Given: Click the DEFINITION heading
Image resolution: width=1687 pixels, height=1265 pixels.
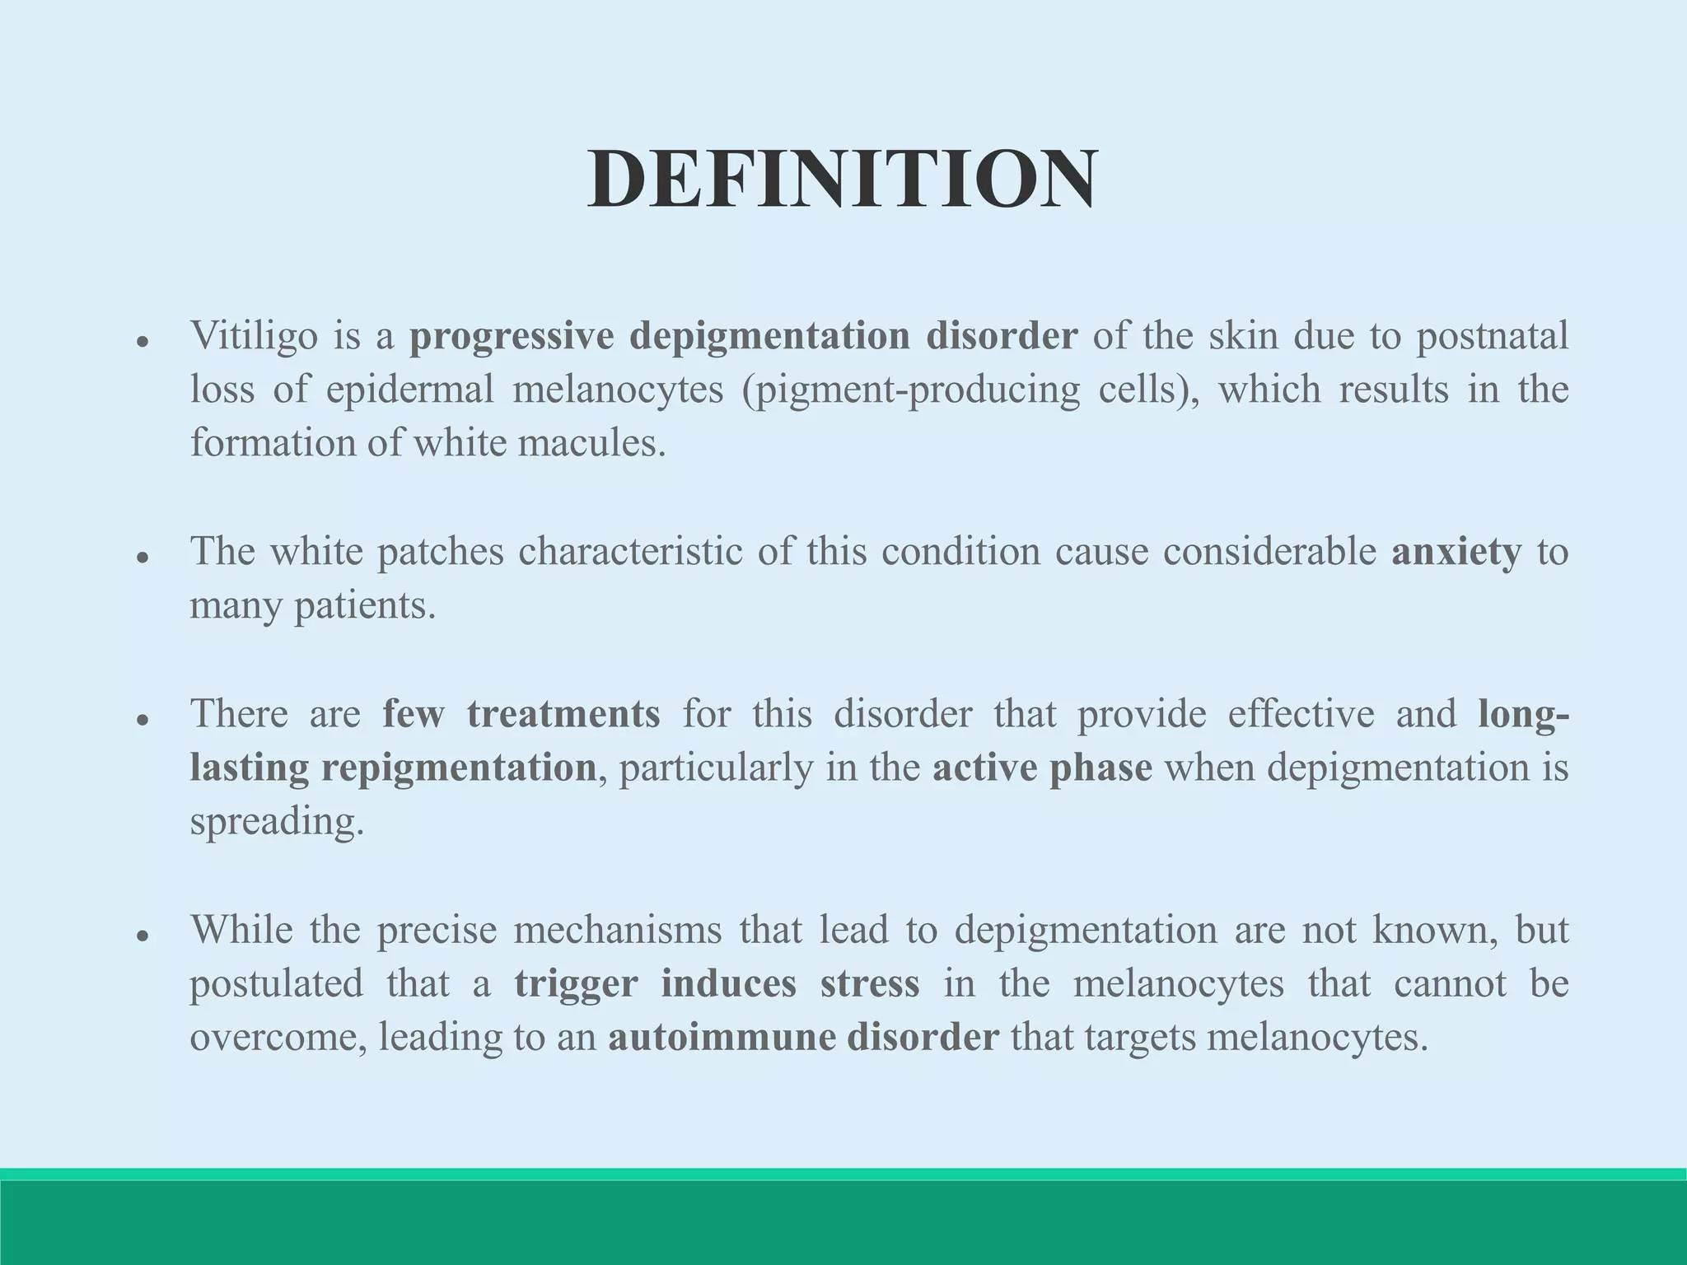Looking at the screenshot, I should tap(842, 180).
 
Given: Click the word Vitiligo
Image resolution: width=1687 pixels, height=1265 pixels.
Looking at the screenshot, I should tap(254, 336).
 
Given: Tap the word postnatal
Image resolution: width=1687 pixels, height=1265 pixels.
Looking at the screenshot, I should tap(1492, 336).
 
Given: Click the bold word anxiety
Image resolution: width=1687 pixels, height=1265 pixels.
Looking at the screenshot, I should tap(1456, 552).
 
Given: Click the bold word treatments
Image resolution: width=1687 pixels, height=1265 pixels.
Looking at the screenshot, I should tap(563, 713).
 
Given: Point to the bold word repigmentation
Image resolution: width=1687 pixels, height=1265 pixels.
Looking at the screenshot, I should tap(458, 768).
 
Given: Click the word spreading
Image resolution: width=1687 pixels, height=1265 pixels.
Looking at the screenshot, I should tap(277, 822).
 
